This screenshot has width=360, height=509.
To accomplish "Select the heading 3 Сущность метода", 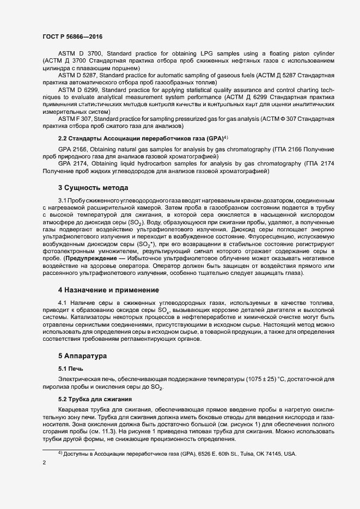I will click(93, 188).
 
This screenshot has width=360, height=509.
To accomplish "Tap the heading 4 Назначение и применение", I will click(108, 289).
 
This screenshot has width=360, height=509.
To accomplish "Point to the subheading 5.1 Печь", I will click(72, 369).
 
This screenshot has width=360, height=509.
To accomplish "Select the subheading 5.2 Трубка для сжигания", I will click(97, 399).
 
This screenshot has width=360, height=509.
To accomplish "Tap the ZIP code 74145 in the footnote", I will click(277, 454).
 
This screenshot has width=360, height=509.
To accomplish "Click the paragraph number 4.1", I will click(63, 303).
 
